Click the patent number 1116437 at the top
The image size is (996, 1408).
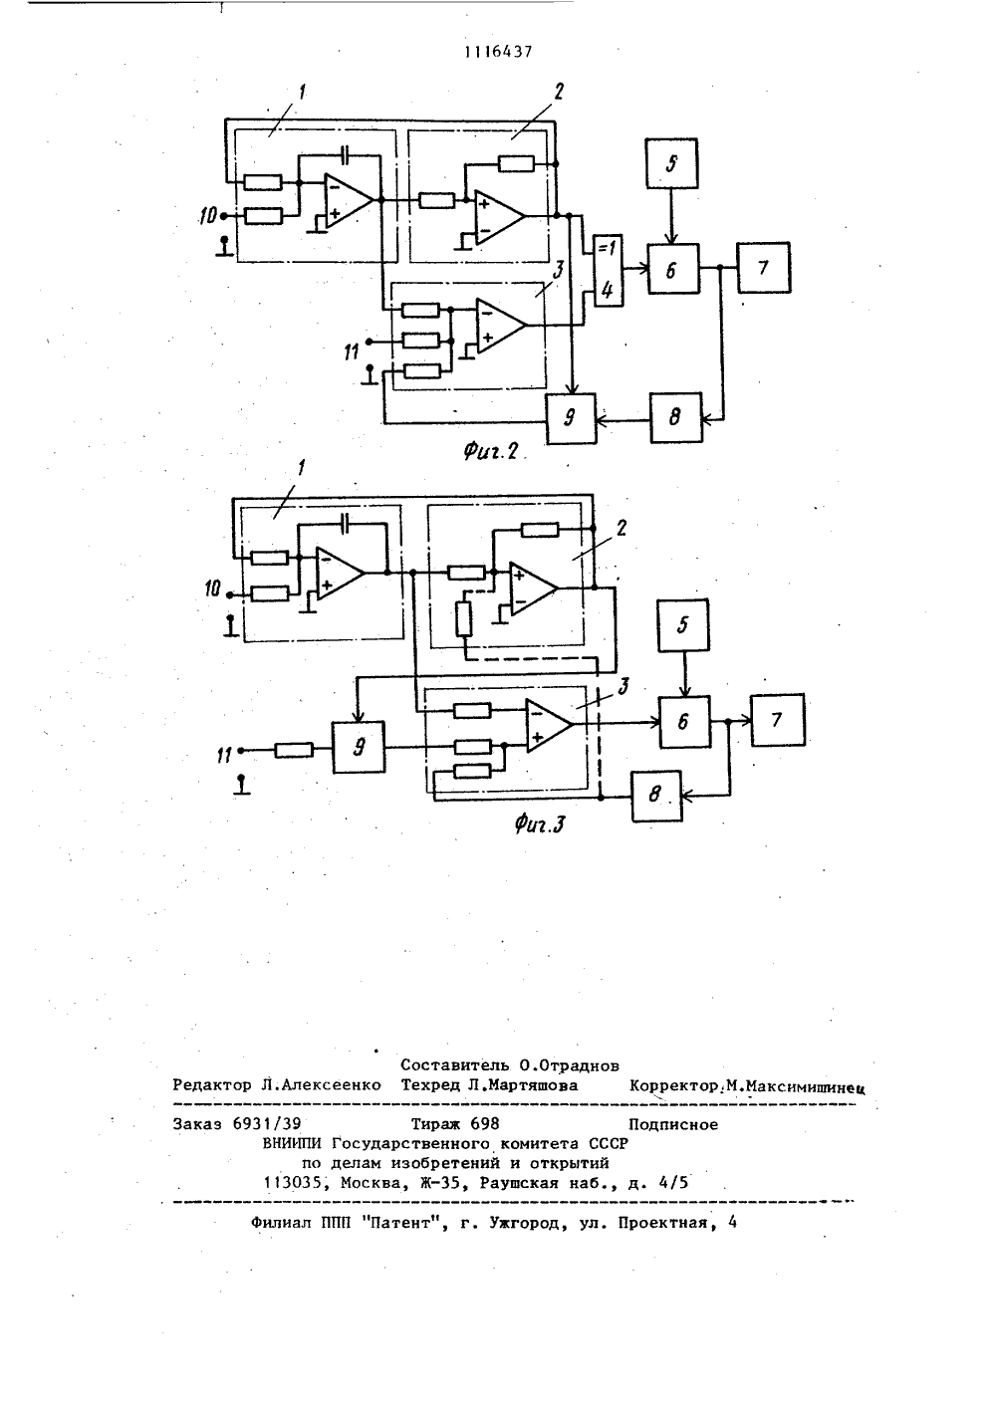(x=498, y=52)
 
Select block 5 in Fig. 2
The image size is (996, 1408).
(x=671, y=163)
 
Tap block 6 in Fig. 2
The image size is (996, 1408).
(x=673, y=269)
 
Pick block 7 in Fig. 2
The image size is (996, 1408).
(x=764, y=268)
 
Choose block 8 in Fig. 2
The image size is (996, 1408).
(x=676, y=418)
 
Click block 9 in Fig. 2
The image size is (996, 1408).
(x=571, y=418)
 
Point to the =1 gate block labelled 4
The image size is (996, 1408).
(x=608, y=271)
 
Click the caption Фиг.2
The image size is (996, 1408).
(x=491, y=451)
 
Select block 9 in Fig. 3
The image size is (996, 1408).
(x=359, y=747)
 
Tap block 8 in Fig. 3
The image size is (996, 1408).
(x=656, y=796)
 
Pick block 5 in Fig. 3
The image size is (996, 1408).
(x=683, y=624)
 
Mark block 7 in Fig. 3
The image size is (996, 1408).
(x=778, y=720)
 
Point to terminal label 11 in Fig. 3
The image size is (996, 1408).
(x=224, y=755)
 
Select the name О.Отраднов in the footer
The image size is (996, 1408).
(x=569, y=1065)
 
